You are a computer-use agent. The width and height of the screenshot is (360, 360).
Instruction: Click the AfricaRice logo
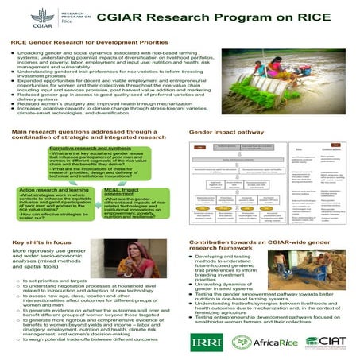click(x=262, y=343)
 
